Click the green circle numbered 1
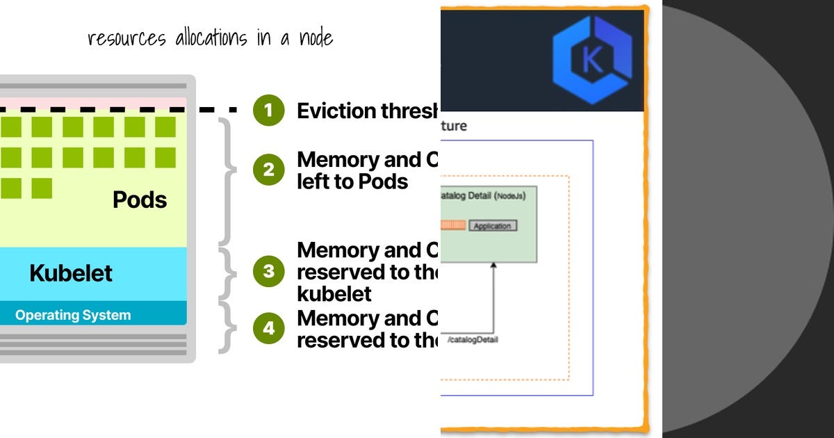coord(269,111)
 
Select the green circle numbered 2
coord(269,170)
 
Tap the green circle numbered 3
coord(269,271)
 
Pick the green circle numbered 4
coord(269,329)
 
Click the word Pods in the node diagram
coord(140,200)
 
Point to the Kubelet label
coord(71,273)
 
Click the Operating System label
coord(73,315)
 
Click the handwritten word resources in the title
coord(126,38)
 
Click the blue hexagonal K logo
coord(593,60)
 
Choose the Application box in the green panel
coord(493,226)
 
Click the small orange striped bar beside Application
coord(452,225)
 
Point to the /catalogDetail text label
coord(473,339)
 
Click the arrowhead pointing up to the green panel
coord(493,266)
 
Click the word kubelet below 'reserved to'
coord(334,293)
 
